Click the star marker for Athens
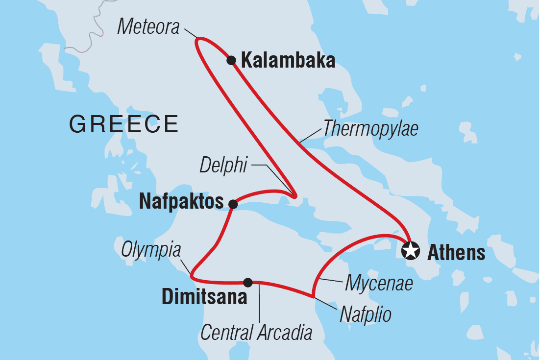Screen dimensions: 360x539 [x=411, y=251]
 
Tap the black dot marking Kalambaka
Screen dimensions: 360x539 [x=231, y=60]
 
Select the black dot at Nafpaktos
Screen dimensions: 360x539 [x=233, y=204]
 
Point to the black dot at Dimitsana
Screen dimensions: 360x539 [x=248, y=282]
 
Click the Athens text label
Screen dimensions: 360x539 [x=456, y=253]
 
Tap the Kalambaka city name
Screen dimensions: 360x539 [x=289, y=61]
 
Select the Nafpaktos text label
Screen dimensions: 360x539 [x=181, y=201]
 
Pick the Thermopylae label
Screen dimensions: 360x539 [x=370, y=129]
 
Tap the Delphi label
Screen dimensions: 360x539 [x=223, y=166]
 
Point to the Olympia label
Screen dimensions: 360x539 [x=151, y=250]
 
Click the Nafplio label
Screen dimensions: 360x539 [x=366, y=314]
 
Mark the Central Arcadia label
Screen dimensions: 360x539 [x=256, y=333]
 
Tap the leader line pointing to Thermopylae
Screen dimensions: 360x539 [x=311, y=136]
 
